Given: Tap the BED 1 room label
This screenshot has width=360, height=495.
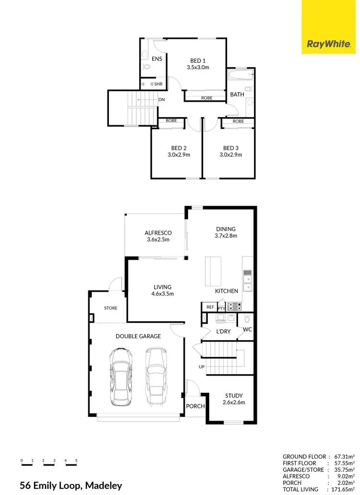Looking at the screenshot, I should coord(198,60).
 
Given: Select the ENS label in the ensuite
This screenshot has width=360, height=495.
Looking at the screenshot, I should coord(157,59).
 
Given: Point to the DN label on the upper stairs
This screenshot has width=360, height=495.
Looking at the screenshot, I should coord(162,100).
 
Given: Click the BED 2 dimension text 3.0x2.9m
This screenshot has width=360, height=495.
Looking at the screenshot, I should coord(179,155).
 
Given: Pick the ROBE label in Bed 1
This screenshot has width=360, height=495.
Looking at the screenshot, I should coord(206,98).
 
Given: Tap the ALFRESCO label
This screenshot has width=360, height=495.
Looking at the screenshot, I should coord(158,233).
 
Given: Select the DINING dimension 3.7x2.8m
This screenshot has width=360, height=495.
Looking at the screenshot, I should coord(226,236).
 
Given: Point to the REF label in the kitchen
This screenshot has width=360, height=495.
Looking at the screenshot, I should coord(210,307).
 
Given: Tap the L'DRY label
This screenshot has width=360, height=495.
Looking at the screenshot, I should coord(223,331).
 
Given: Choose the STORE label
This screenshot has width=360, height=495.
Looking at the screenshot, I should coord(110,308).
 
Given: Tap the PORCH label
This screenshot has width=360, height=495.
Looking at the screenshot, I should coord(196,406).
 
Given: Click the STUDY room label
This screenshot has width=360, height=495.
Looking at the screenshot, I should coord(234,396).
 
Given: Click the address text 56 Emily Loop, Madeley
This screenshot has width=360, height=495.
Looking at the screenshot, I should coord(71,485).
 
